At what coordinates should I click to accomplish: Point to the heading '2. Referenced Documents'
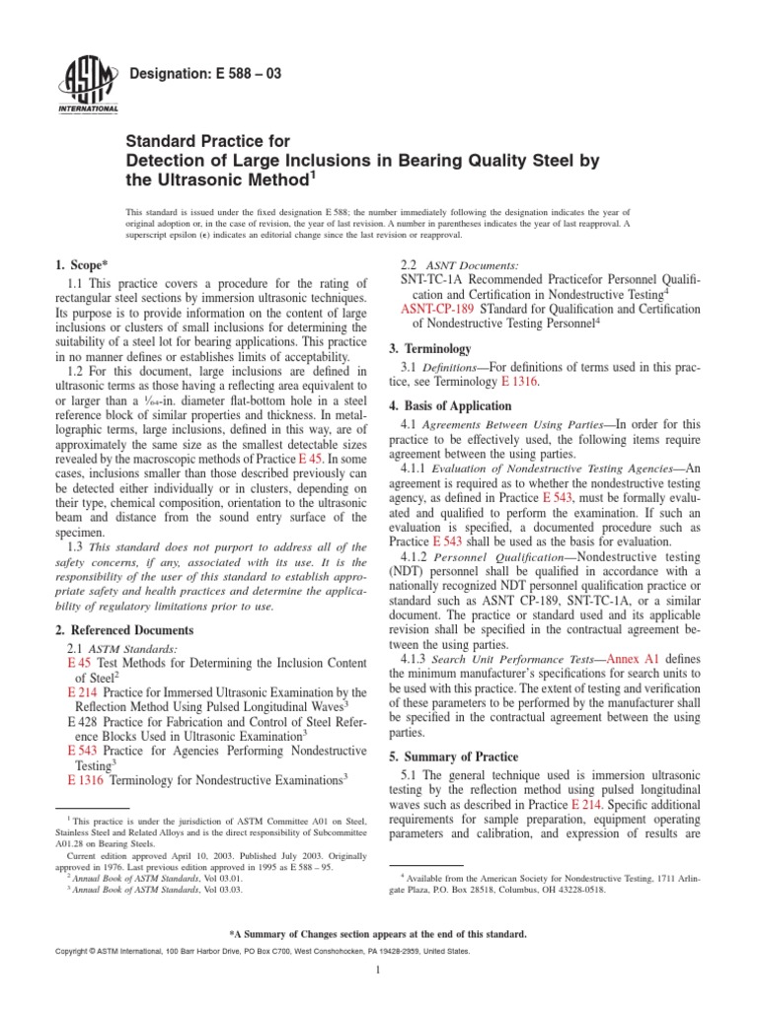coord(122,630)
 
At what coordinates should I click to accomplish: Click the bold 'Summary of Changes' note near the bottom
coord(379,932)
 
